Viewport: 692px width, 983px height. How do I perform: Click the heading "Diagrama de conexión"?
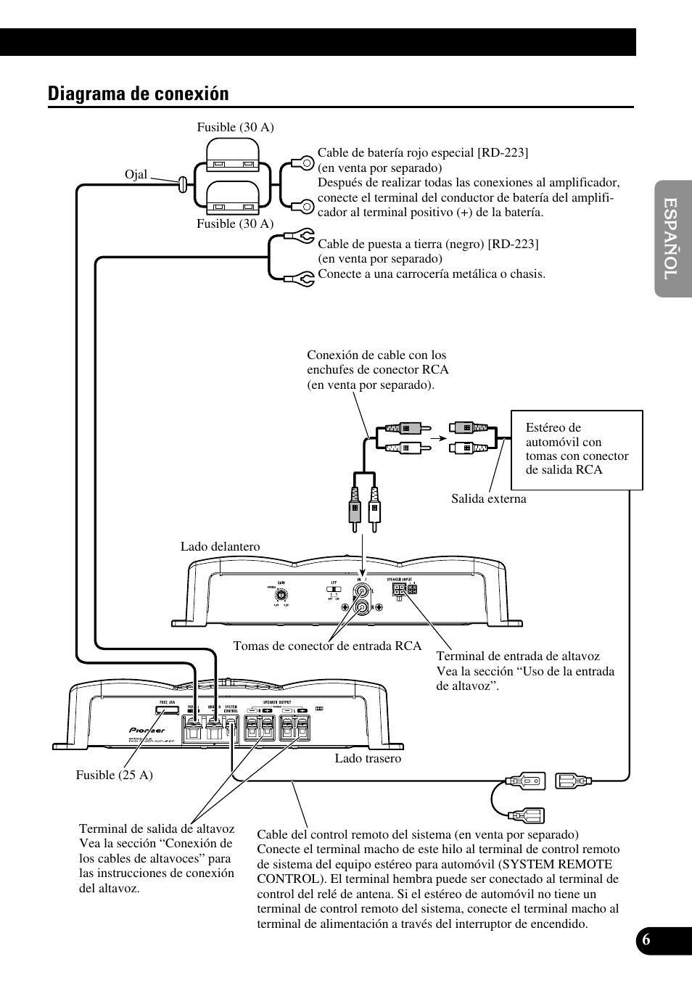138,94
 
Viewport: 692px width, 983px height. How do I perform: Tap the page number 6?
646,939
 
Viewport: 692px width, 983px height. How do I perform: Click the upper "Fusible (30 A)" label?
235,128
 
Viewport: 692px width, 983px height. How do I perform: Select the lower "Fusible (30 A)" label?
235,224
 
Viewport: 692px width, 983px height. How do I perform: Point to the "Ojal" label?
136,175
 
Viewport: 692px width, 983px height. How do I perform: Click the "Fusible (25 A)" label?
114,775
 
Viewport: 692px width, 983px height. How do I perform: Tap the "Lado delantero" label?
220,547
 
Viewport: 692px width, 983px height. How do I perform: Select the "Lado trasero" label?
368,759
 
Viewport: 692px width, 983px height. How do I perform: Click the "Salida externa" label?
488,499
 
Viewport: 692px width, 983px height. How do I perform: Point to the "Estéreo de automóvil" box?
577,450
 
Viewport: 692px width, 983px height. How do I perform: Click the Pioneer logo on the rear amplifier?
147,730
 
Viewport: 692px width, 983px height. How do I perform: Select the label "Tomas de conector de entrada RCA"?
327,646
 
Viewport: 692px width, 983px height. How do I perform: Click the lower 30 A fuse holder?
233,198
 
